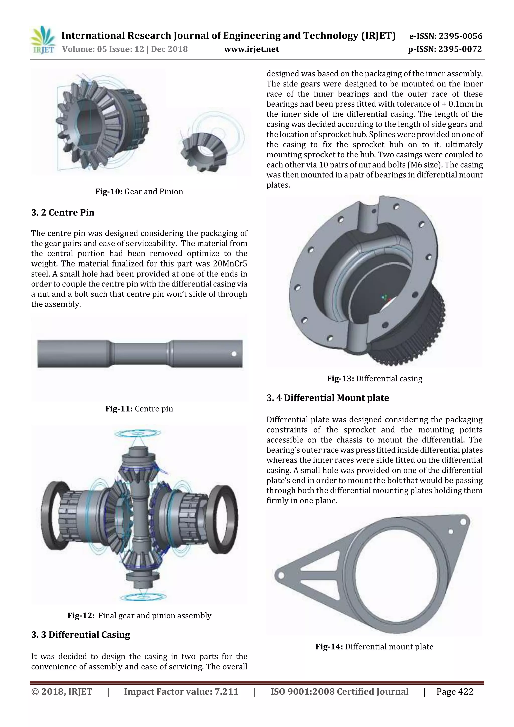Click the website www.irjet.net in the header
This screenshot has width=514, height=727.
pyautogui.click(x=251, y=49)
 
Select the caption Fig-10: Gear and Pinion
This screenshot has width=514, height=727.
pyautogui.click(x=139, y=191)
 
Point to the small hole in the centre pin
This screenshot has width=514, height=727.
pyautogui.click(x=234, y=354)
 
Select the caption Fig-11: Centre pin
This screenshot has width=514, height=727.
pyautogui.click(x=139, y=409)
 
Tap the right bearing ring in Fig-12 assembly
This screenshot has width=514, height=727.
pyautogui.click(x=224, y=515)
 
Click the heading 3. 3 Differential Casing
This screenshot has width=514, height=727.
pyautogui.click(x=81, y=635)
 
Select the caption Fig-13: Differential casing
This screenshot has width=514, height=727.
pyautogui.click(x=374, y=379)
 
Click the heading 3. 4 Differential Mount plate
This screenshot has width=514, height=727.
pyautogui.click(x=328, y=398)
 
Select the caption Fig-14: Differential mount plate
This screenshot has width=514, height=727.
pyautogui.click(x=374, y=647)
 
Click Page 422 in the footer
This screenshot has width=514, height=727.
pyautogui.click(x=455, y=692)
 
